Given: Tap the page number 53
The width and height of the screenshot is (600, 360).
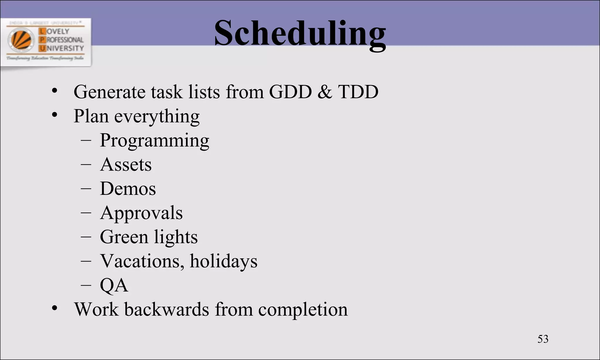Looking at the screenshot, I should [543, 339].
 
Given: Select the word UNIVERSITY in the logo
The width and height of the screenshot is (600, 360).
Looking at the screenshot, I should [62, 48].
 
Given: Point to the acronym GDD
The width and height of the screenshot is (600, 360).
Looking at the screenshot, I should [290, 92].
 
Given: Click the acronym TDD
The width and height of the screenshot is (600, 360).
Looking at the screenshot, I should [358, 92].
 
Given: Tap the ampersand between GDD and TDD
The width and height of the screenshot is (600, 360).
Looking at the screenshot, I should [325, 92].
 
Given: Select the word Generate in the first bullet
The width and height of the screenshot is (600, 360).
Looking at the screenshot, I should [109, 92].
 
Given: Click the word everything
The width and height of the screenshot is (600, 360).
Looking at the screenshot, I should [157, 117].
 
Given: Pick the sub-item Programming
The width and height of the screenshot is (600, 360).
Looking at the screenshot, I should [154, 141].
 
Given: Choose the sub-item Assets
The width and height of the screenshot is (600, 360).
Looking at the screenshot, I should [126, 165].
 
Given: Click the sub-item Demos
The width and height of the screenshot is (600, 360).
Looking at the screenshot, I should [128, 189].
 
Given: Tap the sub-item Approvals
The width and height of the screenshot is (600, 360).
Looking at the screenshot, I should [141, 213].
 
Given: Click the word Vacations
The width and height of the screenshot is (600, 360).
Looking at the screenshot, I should [142, 261].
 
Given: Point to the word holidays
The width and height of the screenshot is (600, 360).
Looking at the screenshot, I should [224, 261].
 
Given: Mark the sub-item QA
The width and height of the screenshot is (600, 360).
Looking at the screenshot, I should [114, 285].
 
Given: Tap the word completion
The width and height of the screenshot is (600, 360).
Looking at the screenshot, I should [303, 310].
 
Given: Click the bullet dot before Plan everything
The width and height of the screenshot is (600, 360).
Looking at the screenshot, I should [54, 115].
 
